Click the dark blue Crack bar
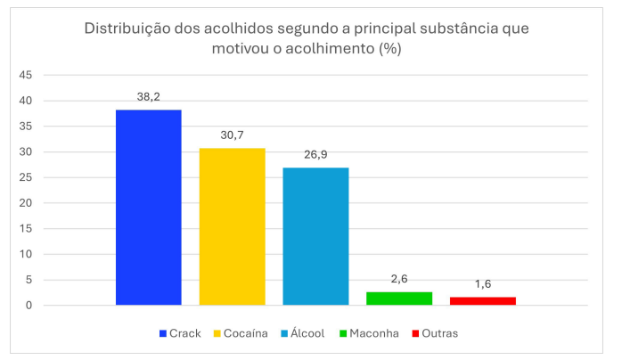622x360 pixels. tap(148, 208)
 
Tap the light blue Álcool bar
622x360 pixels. tap(315, 236)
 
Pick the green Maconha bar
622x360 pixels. tap(399, 299)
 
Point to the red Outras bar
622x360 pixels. tap(483, 301)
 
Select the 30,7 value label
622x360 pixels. tap(232, 135)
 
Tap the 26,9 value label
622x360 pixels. tap(315, 155)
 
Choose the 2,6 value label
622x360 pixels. tap(399, 280)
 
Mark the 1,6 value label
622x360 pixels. tap(483, 284)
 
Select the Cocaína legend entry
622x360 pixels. tap(241, 333)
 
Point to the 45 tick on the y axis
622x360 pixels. tap(25, 75)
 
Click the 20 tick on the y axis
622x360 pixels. tap(25, 203)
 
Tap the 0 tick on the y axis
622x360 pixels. tap(29, 306)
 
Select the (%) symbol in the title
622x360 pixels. tap(390, 49)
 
